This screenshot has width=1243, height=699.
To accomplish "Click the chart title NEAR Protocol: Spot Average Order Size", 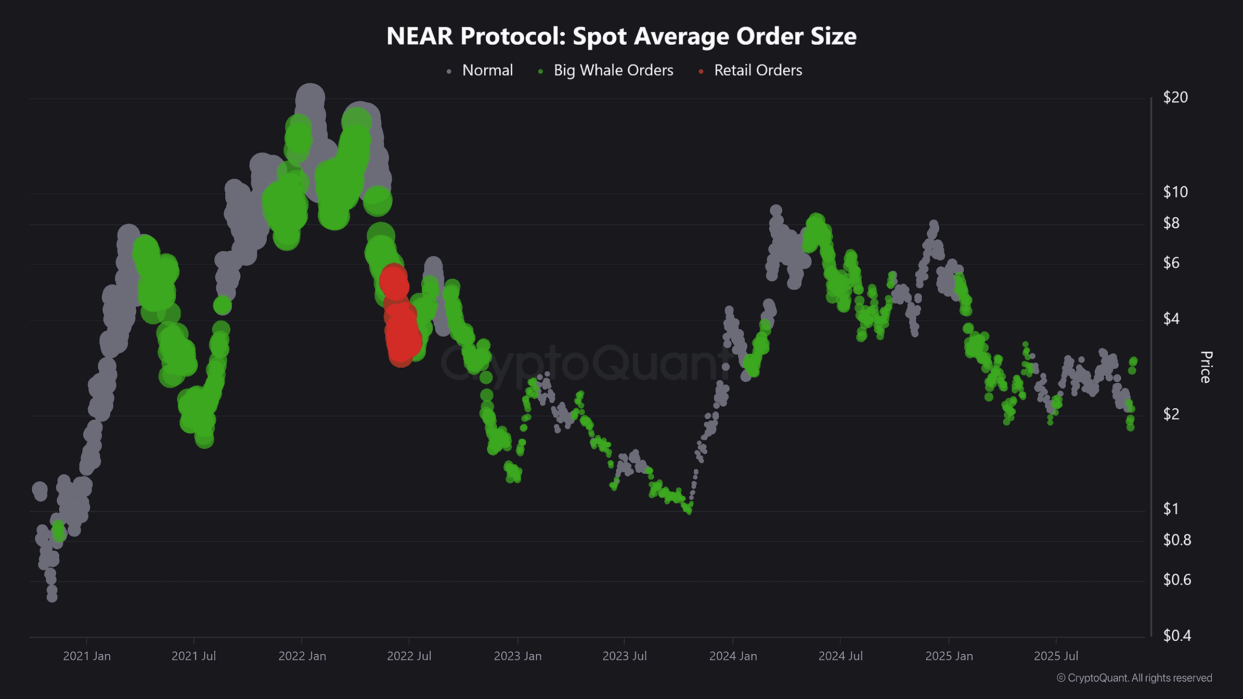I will point(621,36).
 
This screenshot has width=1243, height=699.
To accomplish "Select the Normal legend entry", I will point(487,70).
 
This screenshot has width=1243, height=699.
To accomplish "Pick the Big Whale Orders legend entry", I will point(613,70).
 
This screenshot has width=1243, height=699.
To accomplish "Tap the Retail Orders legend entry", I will point(758,70).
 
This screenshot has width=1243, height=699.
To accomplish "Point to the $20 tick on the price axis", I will point(1175,97).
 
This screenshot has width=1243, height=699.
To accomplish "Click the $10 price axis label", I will point(1175,192).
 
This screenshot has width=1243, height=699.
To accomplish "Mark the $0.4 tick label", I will point(1177,635).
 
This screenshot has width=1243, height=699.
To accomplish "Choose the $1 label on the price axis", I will point(1171,509).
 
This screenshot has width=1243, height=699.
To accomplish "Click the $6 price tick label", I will point(1171,263).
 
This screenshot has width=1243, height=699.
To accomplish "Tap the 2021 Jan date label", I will point(87,656).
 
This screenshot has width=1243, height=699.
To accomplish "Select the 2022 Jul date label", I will point(409,656).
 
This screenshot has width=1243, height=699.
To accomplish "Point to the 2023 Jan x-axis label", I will point(517,656).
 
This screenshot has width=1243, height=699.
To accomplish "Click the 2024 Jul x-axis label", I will point(840,656).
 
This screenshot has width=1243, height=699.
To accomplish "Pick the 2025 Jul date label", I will point(1056,656).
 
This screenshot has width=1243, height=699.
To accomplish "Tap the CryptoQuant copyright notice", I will point(1134,678).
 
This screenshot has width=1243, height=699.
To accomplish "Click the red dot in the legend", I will point(701,71).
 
